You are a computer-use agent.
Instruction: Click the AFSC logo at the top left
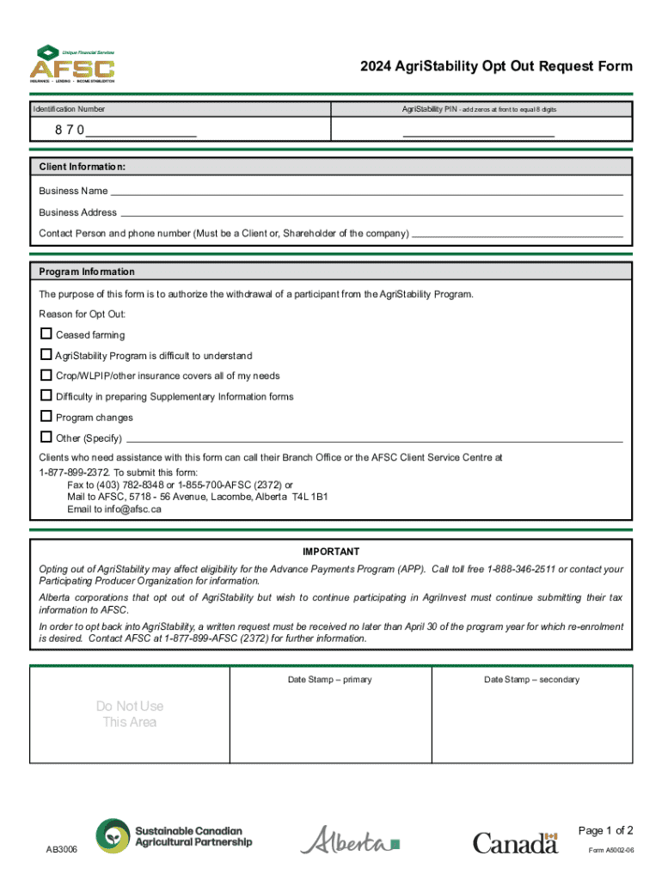72,64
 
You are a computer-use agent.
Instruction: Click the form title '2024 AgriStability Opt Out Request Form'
496,66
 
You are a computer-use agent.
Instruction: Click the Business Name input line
365,192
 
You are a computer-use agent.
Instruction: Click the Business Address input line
371,213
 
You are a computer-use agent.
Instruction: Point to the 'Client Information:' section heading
83,166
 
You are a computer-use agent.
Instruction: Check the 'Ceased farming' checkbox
46,334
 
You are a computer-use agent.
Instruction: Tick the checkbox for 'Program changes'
46,417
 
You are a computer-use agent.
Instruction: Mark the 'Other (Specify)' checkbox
46,437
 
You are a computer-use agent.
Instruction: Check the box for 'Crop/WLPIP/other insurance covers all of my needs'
46,376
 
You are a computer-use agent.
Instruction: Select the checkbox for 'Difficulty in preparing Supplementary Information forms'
46,396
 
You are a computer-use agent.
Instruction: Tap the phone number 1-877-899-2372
74,473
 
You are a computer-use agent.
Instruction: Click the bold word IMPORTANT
331,552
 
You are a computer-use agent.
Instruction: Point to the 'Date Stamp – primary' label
329,680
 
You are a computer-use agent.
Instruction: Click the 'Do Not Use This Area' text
130,714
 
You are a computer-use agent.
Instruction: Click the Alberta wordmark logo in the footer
349,840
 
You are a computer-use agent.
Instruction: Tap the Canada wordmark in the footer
516,842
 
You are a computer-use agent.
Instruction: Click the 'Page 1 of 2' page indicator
606,830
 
